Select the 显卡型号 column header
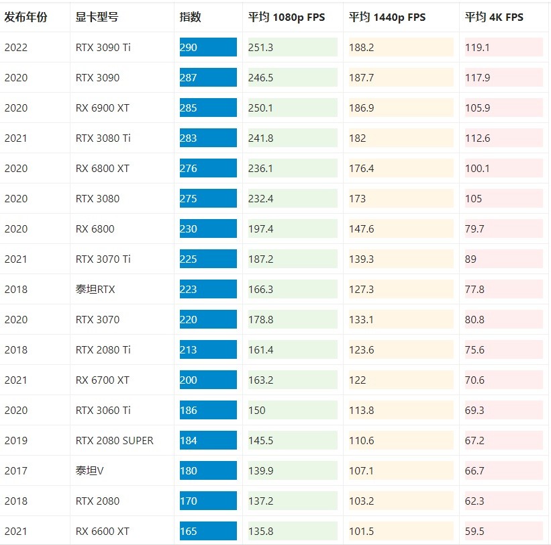click(x=97, y=17)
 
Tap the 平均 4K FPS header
click(x=494, y=17)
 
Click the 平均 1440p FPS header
click(x=387, y=17)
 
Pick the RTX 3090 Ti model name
click(x=103, y=47)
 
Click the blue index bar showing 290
click(x=208, y=47)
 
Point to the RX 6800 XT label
click(x=103, y=168)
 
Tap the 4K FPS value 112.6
click(x=478, y=138)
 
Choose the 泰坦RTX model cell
click(x=95, y=289)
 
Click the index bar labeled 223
click(x=208, y=289)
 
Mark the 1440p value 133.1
click(x=361, y=319)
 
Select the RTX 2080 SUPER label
click(x=115, y=440)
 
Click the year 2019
click(x=16, y=440)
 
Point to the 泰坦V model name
click(x=90, y=470)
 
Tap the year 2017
click(x=16, y=470)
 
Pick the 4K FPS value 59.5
click(x=474, y=531)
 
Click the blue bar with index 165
click(x=208, y=531)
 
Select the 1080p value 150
click(x=256, y=410)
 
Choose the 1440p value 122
click(x=358, y=380)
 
